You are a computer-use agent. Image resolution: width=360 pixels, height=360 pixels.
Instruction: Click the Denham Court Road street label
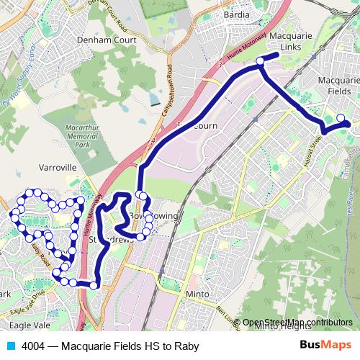(115, 16)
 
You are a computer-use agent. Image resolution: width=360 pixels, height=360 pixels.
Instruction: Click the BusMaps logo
(325, 345)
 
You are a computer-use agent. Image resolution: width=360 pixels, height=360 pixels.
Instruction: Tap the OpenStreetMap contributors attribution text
(297, 322)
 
